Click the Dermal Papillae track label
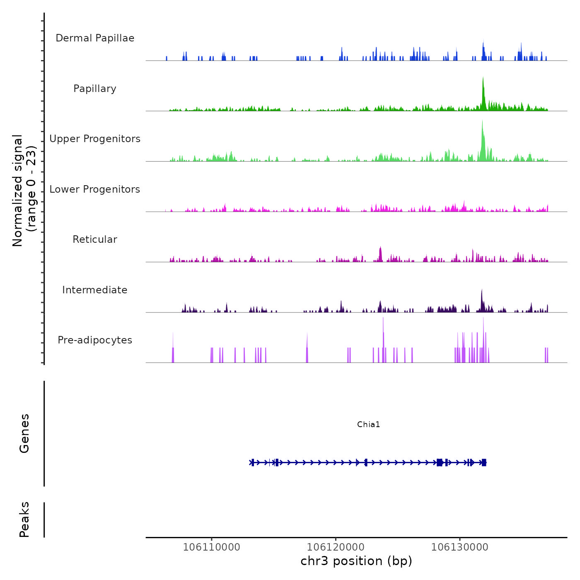click(x=95, y=38)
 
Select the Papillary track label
click(x=95, y=89)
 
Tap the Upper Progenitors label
click(x=95, y=139)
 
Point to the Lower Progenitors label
click(x=95, y=189)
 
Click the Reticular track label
click(x=95, y=239)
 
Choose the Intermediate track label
click(x=95, y=290)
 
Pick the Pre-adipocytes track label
click(x=95, y=340)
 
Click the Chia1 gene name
click(x=368, y=424)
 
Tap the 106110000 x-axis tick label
click(x=211, y=547)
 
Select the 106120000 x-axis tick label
click(x=336, y=547)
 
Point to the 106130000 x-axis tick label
click(x=459, y=547)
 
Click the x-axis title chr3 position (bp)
click(x=356, y=561)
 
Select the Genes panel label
click(x=24, y=433)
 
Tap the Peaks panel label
click(x=24, y=520)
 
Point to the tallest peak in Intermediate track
click(x=482, y=291)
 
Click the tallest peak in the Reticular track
click(x=380, y=248)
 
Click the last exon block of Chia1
click(x=483, y=462)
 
